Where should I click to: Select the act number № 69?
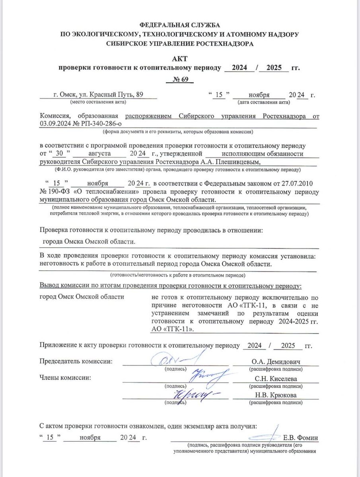179,79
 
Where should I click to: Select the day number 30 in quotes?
60,153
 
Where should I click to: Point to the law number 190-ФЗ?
55,192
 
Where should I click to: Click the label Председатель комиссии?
76,361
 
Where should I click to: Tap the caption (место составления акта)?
98,102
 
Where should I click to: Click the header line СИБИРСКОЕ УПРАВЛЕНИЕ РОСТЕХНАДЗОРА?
179,44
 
